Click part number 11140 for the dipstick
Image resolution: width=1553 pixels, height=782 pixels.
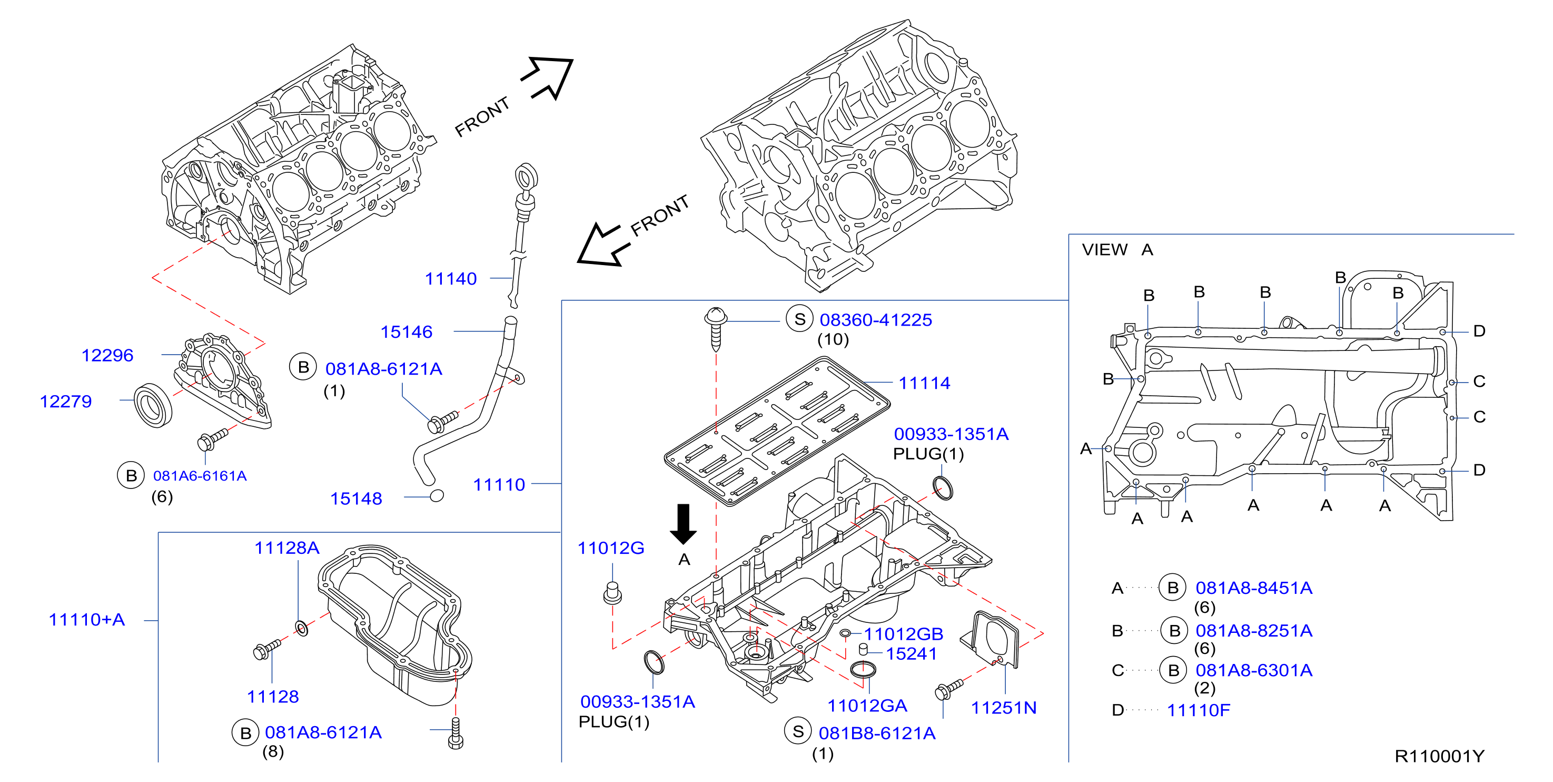click(x=450, y=279)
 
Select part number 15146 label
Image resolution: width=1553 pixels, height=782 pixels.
click(x=407, y=332)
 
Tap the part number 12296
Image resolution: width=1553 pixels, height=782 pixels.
click(x=107, y=355)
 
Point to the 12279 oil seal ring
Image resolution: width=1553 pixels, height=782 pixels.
click(x=153, y=405)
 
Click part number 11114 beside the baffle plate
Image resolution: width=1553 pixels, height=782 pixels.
click(x=924, y=383)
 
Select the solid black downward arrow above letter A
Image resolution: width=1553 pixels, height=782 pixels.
click(x=683, y=524)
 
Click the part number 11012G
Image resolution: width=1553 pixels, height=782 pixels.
click(x=611, y=548)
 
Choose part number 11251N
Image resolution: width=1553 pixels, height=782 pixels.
click(x=1003, y=708)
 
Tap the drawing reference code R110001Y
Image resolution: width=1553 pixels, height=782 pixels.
click(x=1439, y=756)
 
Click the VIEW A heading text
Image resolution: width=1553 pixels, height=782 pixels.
click(x=1117, y=249)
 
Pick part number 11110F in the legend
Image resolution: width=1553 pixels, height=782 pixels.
click(x=1198, y=710)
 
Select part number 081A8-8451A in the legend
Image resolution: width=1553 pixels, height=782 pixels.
click(x=1254, y=588)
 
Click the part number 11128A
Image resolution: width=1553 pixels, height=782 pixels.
click(x=286, y=548)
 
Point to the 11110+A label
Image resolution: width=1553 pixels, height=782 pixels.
click(x=87, y=620)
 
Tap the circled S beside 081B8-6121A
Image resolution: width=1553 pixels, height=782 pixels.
click(x=798, y=731)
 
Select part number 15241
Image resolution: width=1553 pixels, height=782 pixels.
click(x=911, y=653)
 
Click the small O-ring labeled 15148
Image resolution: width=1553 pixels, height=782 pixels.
click(x=437, y=496)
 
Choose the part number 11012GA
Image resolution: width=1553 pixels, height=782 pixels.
click(x=867, y=706)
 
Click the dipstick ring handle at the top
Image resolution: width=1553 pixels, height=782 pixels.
click(x=526, y=178)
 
